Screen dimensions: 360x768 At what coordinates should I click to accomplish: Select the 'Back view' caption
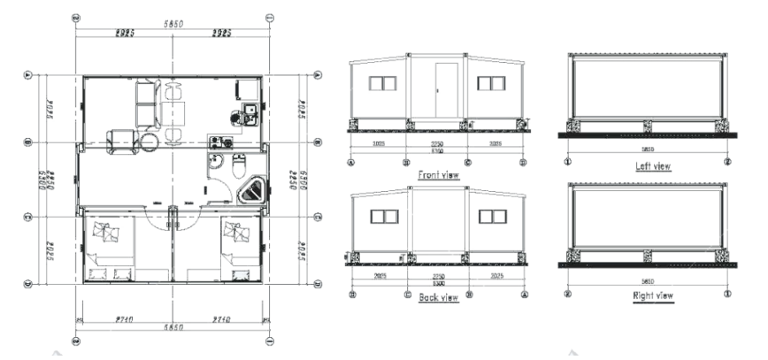pyautogui.click(x=437, y=298)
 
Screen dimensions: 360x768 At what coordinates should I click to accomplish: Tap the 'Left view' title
pyautogui.click(x=652, y=165)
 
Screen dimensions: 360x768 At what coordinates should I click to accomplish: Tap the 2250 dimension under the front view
pyautogui.click(x=437, y=144)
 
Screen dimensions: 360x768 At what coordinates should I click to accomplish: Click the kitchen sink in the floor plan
pyautogui.click(x=249, y=111)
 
